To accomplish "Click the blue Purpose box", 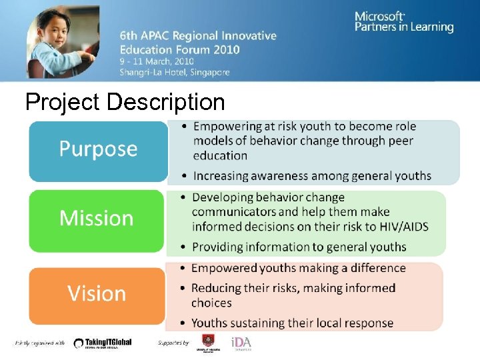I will pyautogui.click(x=98, y=149).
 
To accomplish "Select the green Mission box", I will pyautogui.click(x=97, y=219).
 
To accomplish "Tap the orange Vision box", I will pyautogui.click(x=97, y=294).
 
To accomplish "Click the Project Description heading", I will pyautogui.click(x=125, y=102).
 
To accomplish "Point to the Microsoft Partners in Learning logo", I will pyautogui.click(x=403, y=21).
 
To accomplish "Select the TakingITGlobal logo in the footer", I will pyautogui.click(x=103, y=343).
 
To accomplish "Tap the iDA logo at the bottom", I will pyautogui.click(x=241, y=343).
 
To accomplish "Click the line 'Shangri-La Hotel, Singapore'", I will pyautogui.click(x=175, y=72).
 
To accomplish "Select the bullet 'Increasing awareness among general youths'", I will pyautogui.click(x=312, y=176).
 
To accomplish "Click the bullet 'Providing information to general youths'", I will pyautogui.click(x=299, y=247).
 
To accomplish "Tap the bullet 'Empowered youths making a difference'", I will pyautogui.click(x=298, y=268).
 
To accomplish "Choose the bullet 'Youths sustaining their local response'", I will pyautogui.click(x=292, y=323).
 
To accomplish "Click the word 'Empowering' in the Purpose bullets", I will pyautogui.click(x=227, y=127).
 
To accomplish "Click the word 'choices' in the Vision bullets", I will pyautogui.click(x=211, y=303).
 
